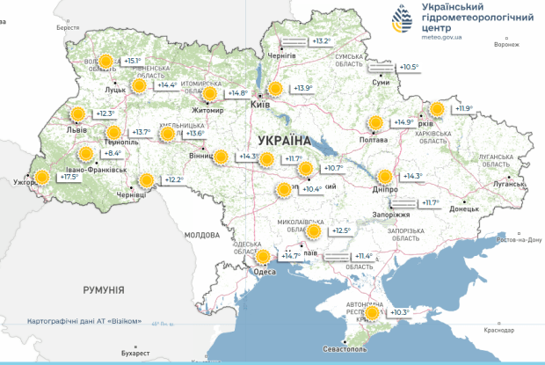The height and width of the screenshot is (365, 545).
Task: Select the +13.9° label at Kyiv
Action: pos(303,88)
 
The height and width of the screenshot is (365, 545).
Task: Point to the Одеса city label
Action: pos(264,272)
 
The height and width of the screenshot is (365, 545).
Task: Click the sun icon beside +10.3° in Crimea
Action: pos(373,312)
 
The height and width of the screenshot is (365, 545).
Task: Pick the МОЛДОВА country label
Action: pos(201,235)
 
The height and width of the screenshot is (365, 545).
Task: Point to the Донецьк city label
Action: pos(464,209)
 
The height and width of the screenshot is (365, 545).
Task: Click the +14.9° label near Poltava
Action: pos(403,122)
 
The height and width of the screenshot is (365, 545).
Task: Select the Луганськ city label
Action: pos(510,185)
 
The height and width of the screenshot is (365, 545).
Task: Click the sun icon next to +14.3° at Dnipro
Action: pos(385,176)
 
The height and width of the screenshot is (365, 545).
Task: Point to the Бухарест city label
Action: pos(136,354)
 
